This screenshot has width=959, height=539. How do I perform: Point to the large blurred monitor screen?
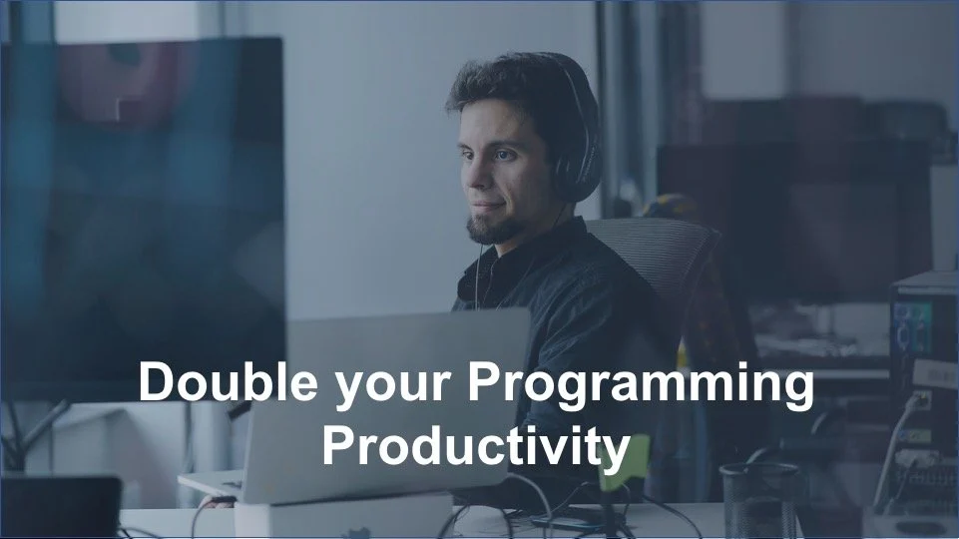[x=140, y=200]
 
